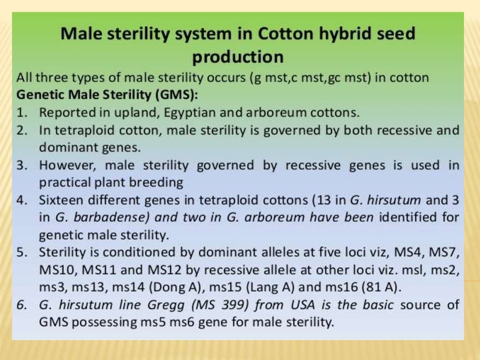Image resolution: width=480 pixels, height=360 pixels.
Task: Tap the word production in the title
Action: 238,57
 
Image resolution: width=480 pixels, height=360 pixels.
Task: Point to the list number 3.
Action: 21,165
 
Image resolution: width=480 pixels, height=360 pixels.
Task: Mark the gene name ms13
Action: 91,287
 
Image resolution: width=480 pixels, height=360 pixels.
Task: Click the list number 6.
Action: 21,305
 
